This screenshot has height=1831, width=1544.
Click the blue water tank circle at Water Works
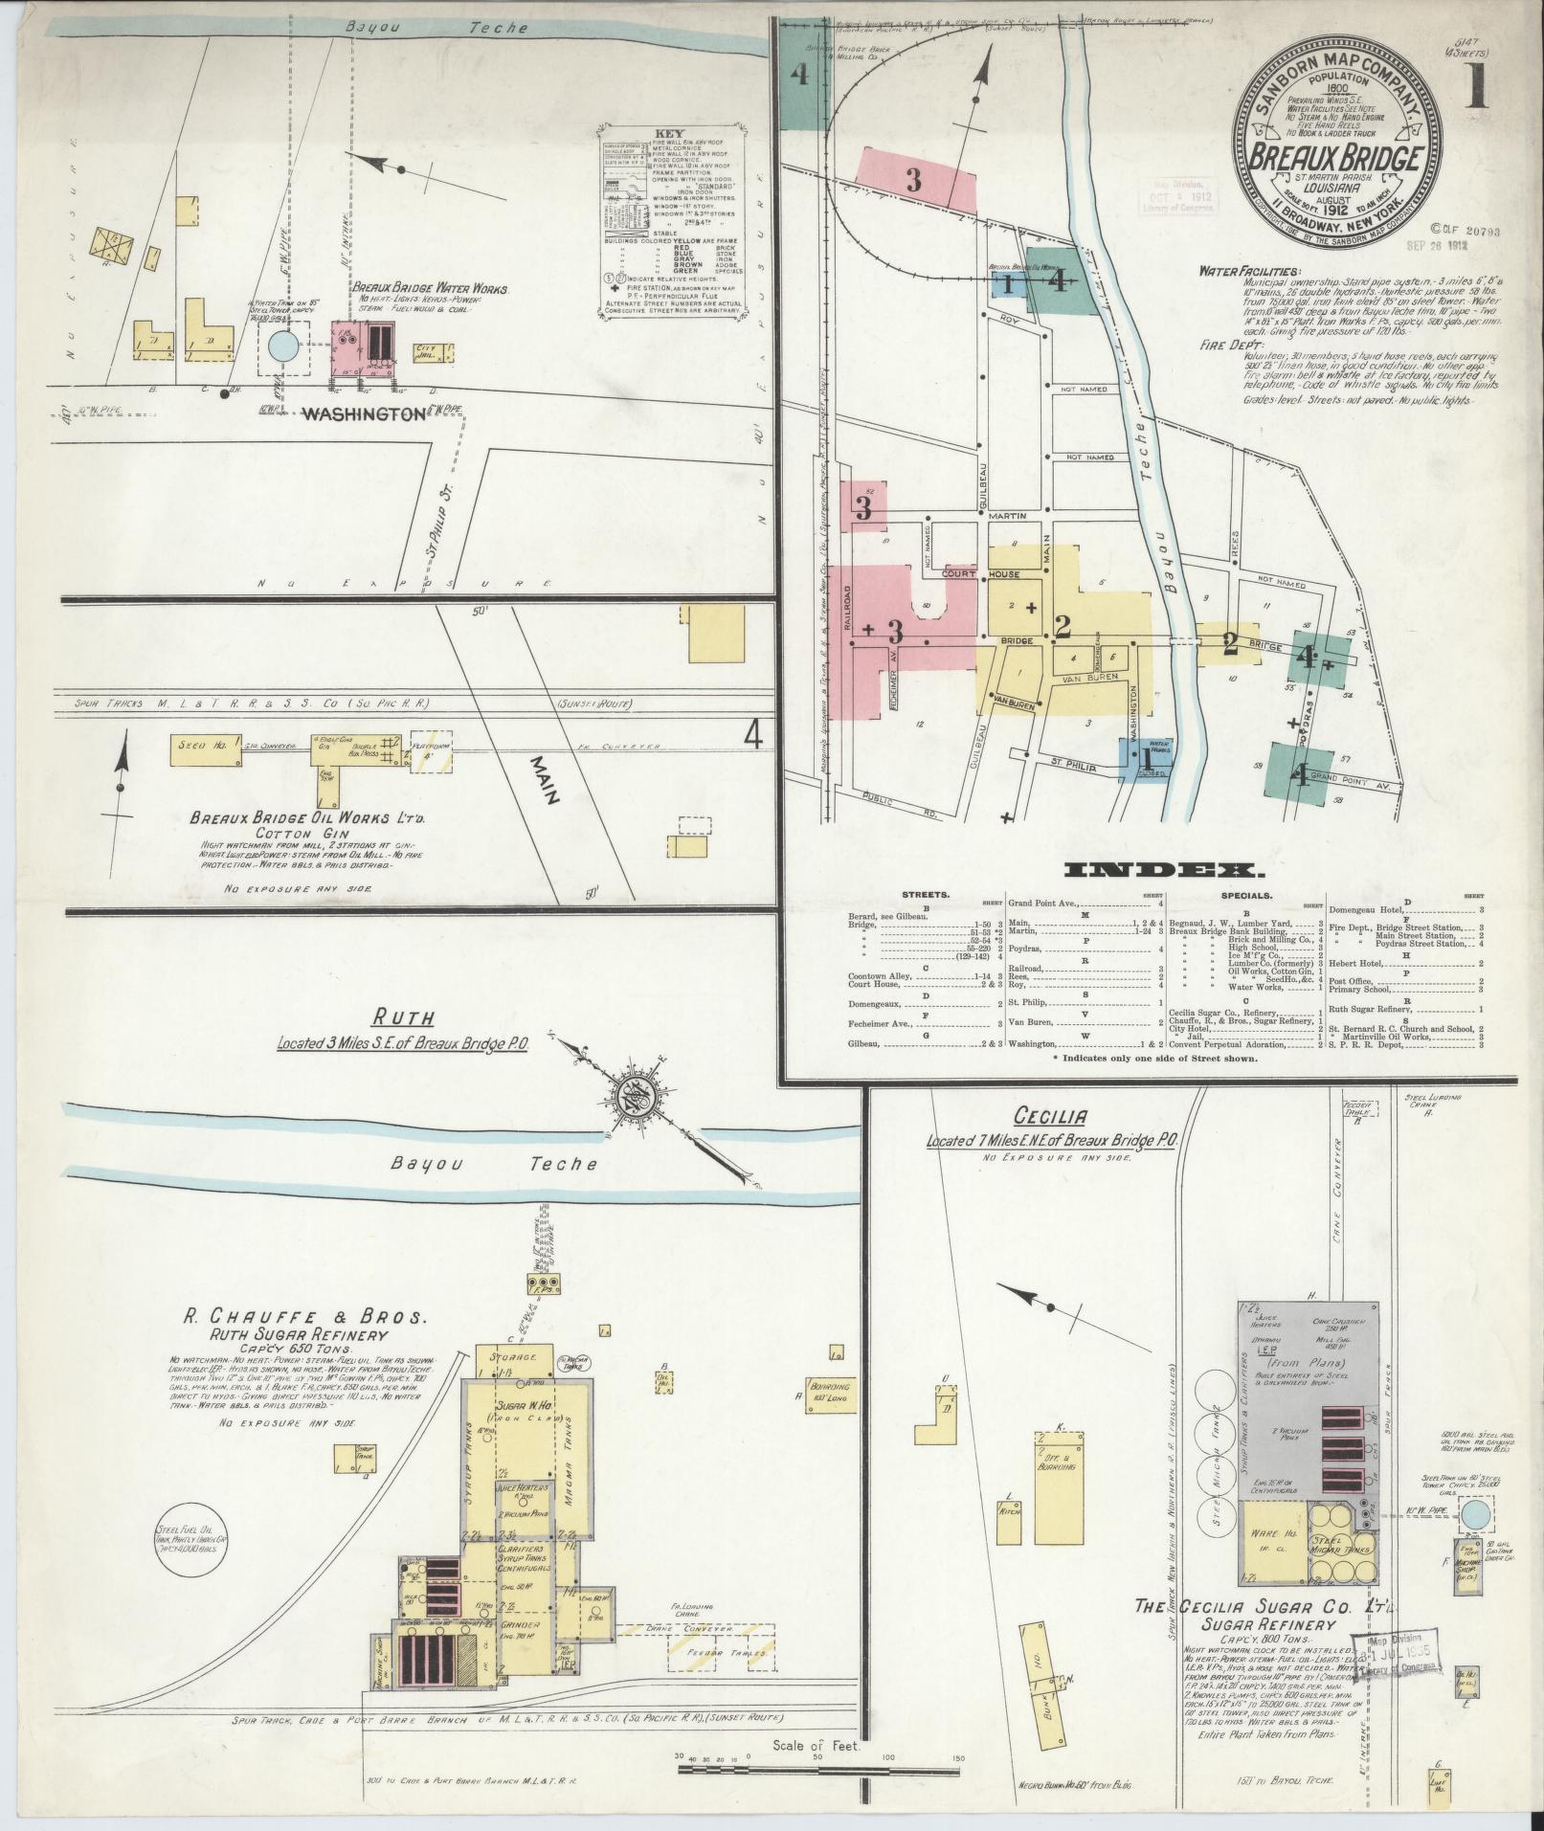click(283, 346)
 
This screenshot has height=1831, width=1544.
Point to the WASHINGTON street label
click(363, 414)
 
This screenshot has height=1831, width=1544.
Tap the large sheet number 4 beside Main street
click(754, 734)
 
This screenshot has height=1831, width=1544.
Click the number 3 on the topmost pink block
click(913, 179)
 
